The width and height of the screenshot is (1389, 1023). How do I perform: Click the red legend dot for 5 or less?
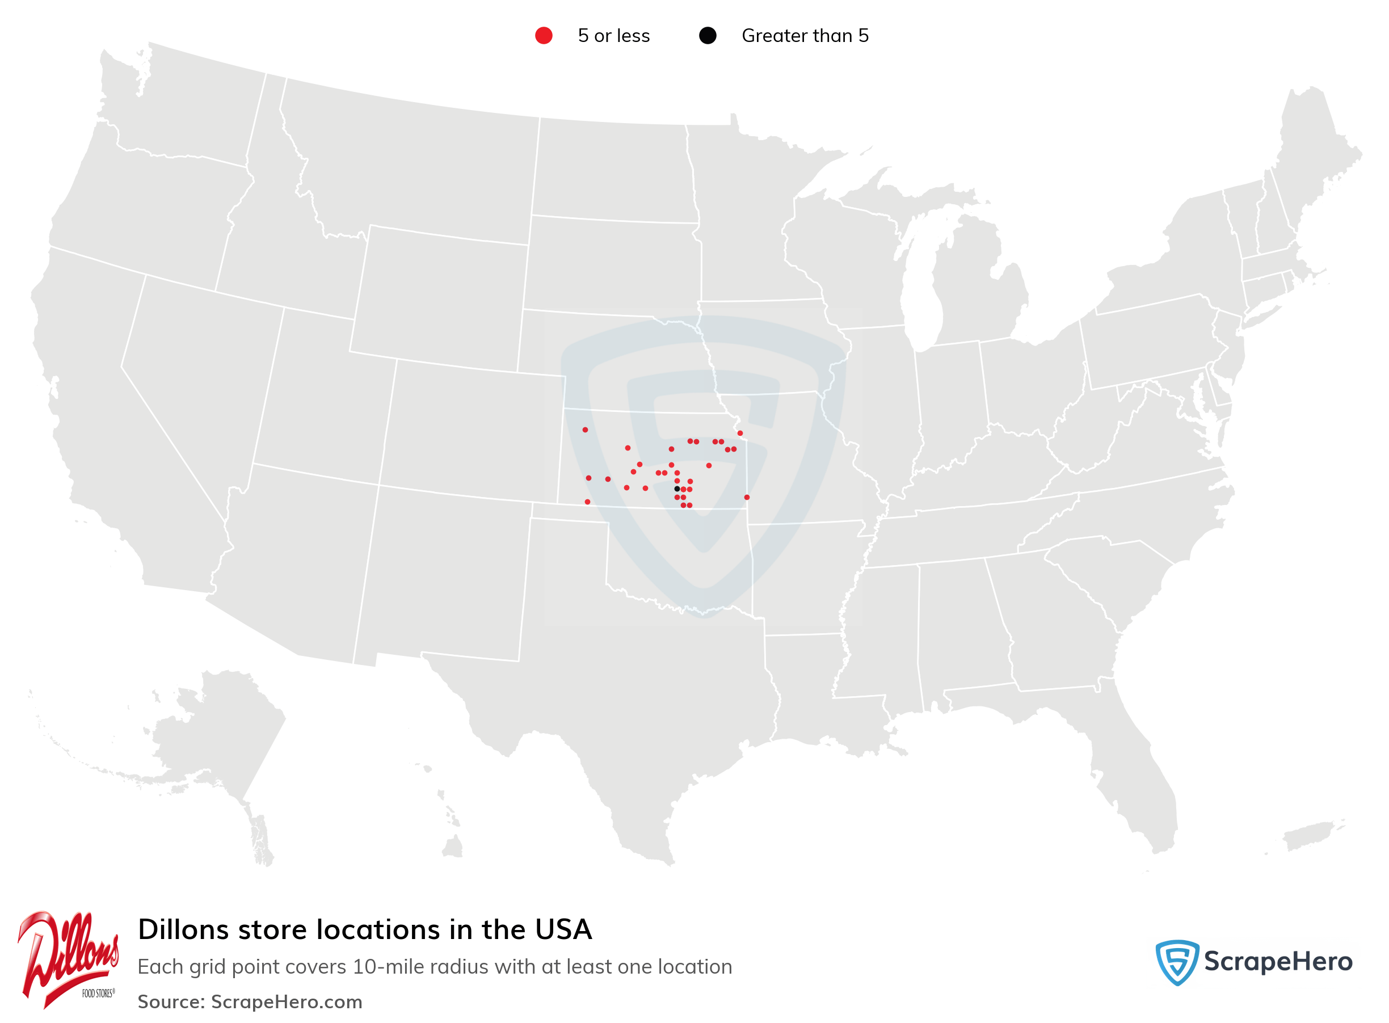pos(544,36)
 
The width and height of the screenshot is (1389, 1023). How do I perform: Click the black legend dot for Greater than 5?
pos(707,36)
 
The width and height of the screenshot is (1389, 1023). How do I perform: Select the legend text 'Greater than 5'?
pos(805,36)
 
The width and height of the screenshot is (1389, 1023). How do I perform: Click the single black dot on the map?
pos(677,489)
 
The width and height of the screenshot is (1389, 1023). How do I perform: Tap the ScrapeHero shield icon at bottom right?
pos(1177,962)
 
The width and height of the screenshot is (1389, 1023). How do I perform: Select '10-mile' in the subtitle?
pos(389,967)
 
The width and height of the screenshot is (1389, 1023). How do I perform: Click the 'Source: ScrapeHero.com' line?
pos(250,1001)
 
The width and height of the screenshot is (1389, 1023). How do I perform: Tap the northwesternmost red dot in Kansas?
pos(585,430)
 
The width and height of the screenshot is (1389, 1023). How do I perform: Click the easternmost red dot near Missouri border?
pos(747,497)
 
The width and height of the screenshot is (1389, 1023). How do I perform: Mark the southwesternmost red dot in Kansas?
pos(588,502)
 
